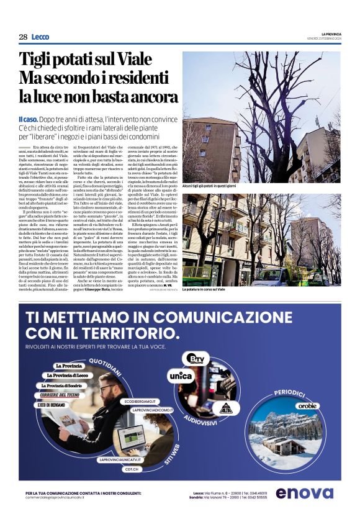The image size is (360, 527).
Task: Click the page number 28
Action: pyautogui.click(x=23, y=37)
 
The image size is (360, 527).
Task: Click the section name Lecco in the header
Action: pyautogui.click(x=40, y=37)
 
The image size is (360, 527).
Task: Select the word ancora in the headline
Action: pyautogui.click(x=149, y=96)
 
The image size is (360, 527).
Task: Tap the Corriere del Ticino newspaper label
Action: pyautogui.click(x=58, y=395)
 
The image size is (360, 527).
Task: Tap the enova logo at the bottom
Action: pyautogui.click(x=305, y=493)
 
